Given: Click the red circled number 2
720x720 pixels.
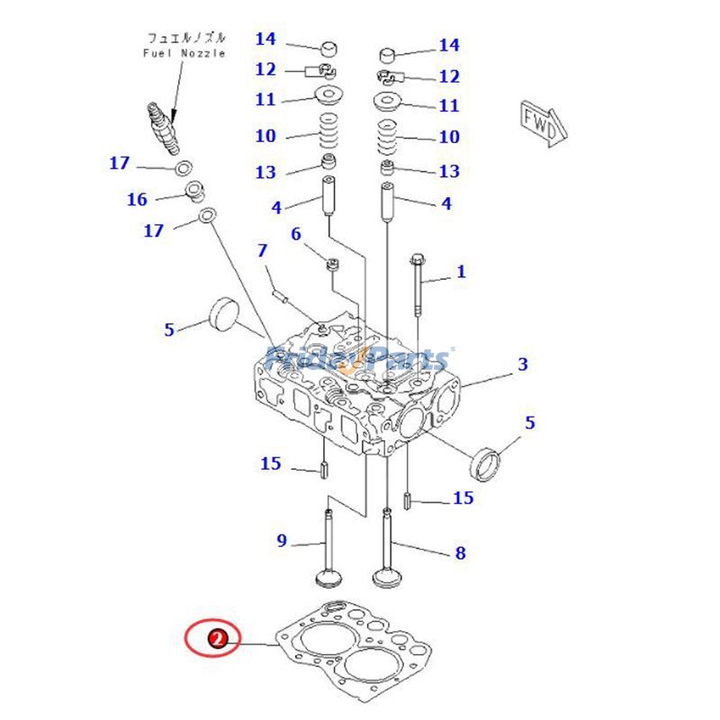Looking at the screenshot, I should pos(216,639).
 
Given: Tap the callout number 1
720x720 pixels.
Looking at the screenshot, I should pos(462,271).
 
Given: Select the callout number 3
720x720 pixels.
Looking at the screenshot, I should pos(522,364).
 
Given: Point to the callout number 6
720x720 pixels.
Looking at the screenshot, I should pos(295,234).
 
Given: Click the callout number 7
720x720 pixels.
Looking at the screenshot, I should pos(262,249).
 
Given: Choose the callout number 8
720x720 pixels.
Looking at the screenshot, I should pos(460,553).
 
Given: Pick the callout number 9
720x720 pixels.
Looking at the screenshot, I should pos(281,540).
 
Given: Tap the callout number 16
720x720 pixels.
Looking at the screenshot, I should pos(137,199).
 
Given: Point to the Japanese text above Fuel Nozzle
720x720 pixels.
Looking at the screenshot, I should pos(186,39).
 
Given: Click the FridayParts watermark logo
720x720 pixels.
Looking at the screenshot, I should pos(360,360).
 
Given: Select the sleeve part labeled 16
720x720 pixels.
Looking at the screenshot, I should pos(193,191).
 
